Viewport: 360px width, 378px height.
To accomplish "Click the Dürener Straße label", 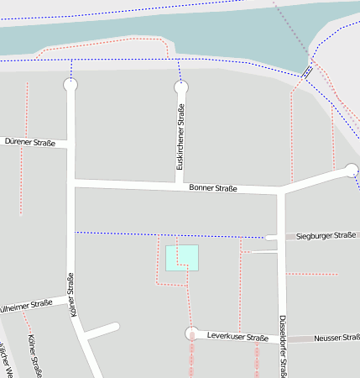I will pyautogui.click(x=29, y=143).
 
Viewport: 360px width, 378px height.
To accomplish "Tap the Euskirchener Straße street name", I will pyautogui.click(x=180, y=137).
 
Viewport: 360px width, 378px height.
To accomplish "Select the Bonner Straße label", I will pyautogui.click(x=213, y=189).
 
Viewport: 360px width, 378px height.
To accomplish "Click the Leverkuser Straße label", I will pyautogui.click(x=237, y=337).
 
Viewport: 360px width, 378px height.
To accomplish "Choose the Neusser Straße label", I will pyautogui.click(x=337, y=338).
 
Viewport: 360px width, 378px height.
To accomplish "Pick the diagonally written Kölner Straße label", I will pyautogui.click(x=36, y=353).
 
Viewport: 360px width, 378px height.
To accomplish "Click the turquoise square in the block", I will pyautogui.click(x=182, y=258).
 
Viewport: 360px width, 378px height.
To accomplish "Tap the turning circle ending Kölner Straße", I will pyautogui.click(x=70, y=85).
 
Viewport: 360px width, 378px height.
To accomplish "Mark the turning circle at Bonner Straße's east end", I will pyautogui.click(x=352, y=171).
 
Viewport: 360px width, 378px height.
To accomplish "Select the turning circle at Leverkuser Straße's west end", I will pyautogui.click(x=192, y=333).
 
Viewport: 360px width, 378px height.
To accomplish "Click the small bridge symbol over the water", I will pyautogui.click(x=308, y=72).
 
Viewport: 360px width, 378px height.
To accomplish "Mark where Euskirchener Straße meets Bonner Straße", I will pyautogui.click(x=179, y=184).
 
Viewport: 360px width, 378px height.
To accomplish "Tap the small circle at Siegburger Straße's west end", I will pyautogui.click(x=269, y=238).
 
